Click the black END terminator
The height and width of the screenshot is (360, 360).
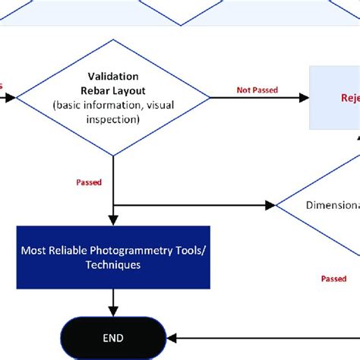click(112, 337)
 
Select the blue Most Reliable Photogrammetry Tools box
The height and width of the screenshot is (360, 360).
click(113, 257)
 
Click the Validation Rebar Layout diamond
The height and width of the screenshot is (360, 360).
click(113, 97)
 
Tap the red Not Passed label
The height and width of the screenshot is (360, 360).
click(257, 90)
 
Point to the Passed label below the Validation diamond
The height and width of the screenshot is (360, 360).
click(90, 182)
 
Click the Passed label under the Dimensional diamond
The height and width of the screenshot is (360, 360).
click(333, 279)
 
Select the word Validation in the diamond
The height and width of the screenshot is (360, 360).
click(113, 76)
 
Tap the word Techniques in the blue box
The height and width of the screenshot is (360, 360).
click(113, 265)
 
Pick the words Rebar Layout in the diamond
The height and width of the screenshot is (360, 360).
click(113, 90)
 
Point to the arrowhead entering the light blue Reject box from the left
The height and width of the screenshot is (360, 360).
click(305, 97)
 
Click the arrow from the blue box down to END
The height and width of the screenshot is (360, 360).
click(113, 302)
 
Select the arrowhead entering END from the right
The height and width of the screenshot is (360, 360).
click(172, 337)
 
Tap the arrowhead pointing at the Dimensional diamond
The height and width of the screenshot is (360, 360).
click(272, 205)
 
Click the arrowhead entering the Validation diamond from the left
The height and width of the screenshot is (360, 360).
click(12, 97)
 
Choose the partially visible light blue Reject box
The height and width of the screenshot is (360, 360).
click(334, 97)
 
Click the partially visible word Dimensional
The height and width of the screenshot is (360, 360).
click(333, 205)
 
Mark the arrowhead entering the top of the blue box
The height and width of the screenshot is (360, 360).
click(113, 221)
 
